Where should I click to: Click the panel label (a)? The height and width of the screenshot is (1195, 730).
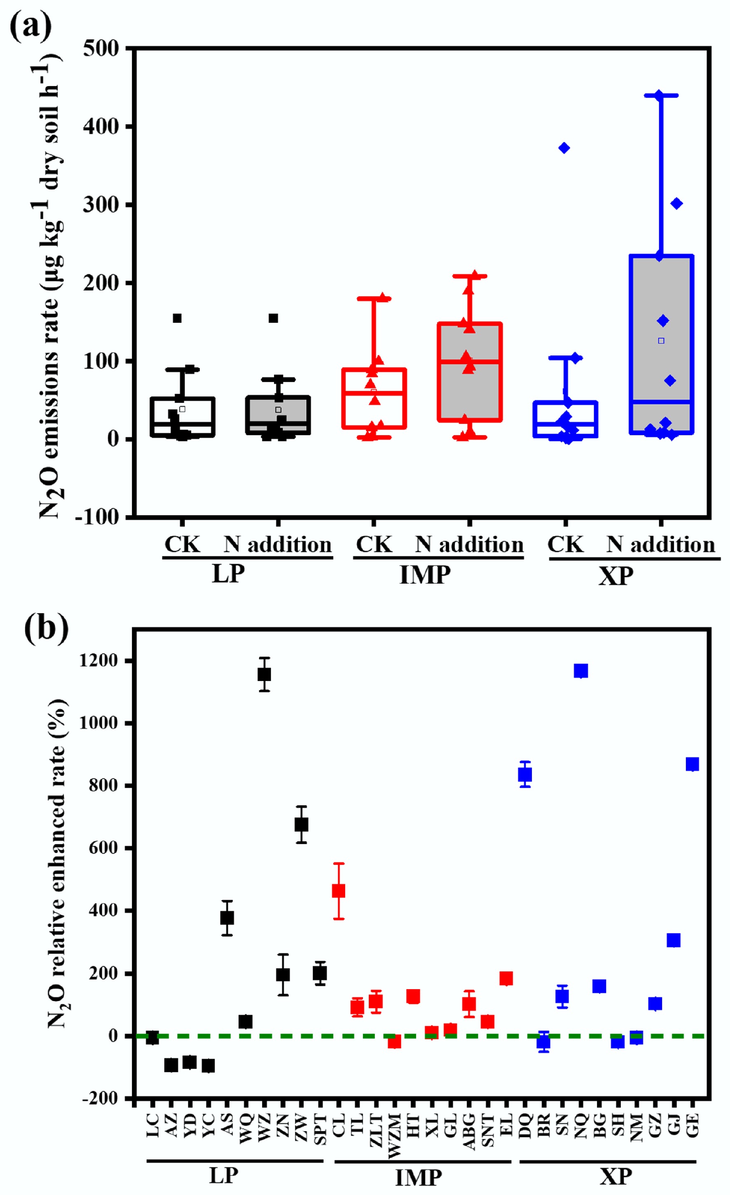[x=30, y=27]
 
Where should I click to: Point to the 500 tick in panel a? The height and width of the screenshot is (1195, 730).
[x=101, y=49]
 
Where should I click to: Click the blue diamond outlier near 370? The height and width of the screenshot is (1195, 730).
[x=564, y=148]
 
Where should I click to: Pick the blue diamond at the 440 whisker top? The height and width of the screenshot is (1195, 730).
[x=659, y=95]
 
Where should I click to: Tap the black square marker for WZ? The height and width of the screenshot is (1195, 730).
[x=264, y=674]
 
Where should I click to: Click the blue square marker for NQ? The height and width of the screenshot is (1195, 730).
[x=580, y=671]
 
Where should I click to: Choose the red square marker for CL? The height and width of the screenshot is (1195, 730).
[x=339, y=890]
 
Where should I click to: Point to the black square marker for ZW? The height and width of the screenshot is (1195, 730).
[x=301, y=824]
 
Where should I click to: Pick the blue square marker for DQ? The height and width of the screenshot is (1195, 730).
[x=525, y=775]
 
